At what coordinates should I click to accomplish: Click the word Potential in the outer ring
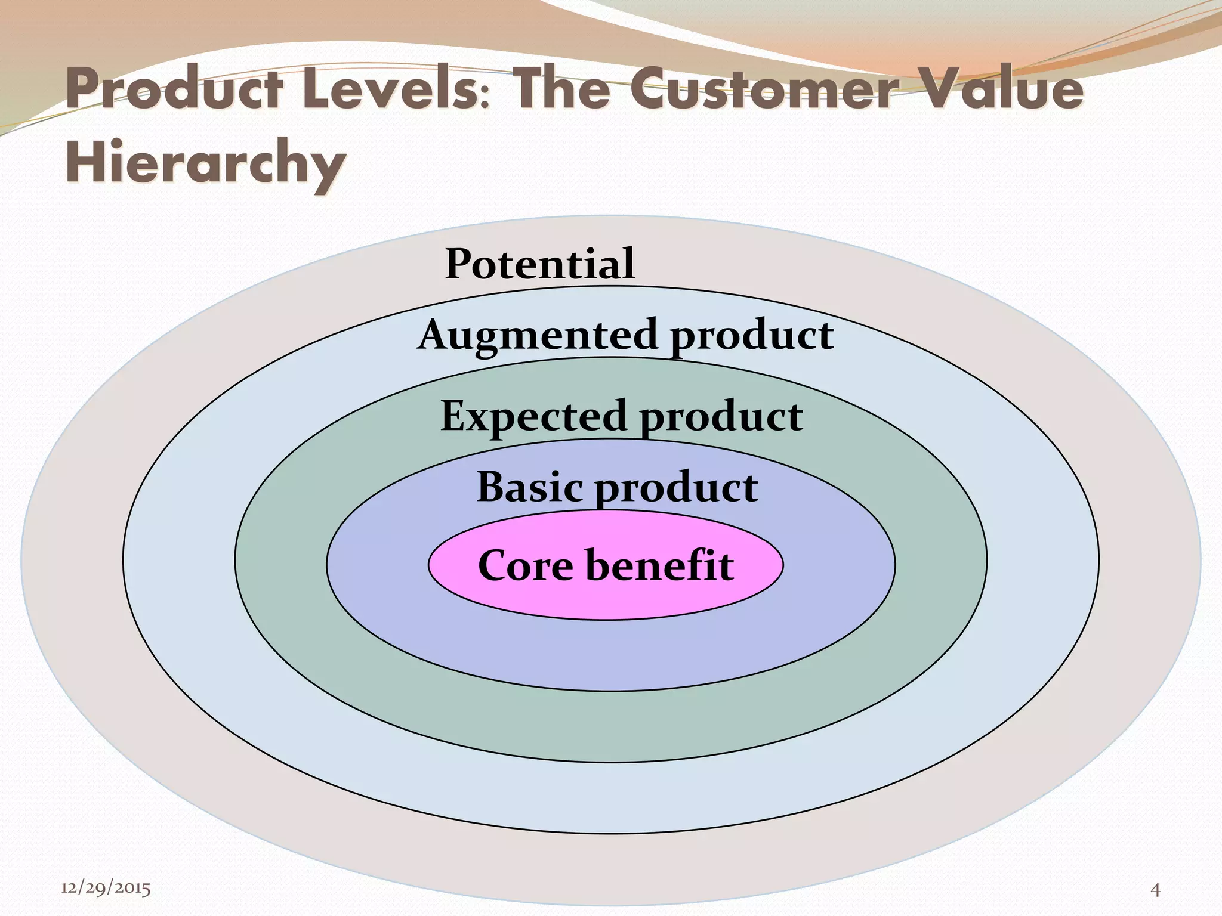540,264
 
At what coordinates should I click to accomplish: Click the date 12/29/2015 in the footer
106,889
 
